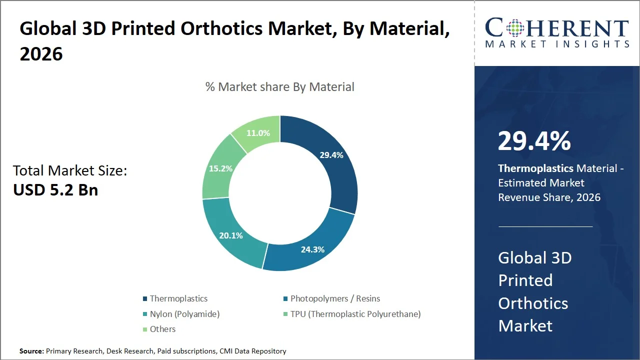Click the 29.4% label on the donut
(x=331, y=155)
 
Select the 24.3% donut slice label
(x=312, y=249)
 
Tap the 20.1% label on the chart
(x=231, y=235)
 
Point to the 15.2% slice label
(x=220, y=168)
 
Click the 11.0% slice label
(x=258, y=133)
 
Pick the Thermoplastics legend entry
(x=178, y=298)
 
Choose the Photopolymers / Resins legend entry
(x=335, y=298)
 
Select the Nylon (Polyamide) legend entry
(x=184, y=314)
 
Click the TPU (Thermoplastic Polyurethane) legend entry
(x=355, y=314)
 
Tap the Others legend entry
(x=162, y=329)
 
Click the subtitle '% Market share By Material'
(x=279, y=86)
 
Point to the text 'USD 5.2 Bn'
(x=55, y=190)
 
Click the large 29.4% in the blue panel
(x=534, y=141)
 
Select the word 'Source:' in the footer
(x=31, y=351)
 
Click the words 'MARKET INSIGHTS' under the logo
(x=557, y=44)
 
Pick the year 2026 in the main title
(x=41, y=54)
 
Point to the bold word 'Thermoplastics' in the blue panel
(x=535, y=168)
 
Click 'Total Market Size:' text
(x=70, y=170)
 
